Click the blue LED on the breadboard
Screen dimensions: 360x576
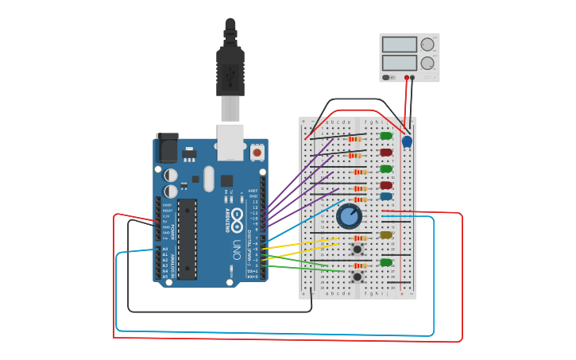click(x=386, y=196)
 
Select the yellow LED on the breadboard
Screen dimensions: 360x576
click(x=386, y=234)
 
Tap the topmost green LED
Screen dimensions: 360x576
click(x=386, y=136)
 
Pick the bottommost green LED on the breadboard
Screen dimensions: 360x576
click(x=386, y=262)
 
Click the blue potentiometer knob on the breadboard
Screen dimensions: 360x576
click(x=349, y=215)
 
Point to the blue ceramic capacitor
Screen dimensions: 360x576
click(x=408, y=141)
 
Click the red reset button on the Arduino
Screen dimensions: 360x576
click(x=257, y=151)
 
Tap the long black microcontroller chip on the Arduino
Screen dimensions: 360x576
click(x=187, y=238)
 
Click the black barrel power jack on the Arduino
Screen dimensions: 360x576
click(x=168, y=149)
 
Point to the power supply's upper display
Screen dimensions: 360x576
click(x=399, y=45)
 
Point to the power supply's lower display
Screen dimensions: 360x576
click(x=399, y=62)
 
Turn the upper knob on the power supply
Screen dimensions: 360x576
click(x=427, y=45)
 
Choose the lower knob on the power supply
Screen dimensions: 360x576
click(x=427, y=63)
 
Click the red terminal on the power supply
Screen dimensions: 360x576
click(x=407, y=78)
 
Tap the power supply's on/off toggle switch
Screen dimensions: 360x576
click(x=387, y=78)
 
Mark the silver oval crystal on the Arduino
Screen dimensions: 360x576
click(x=209, y=179)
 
